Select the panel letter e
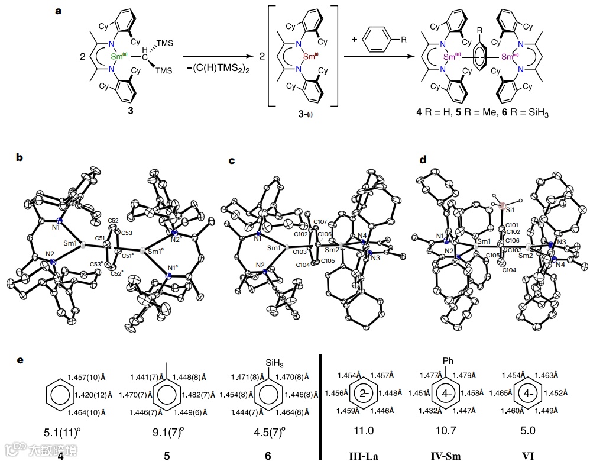(21, 360)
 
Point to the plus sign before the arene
(355, 40)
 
